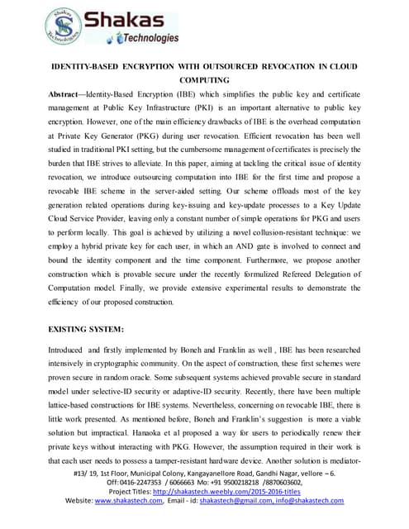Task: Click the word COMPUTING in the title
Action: pos(202,80)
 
